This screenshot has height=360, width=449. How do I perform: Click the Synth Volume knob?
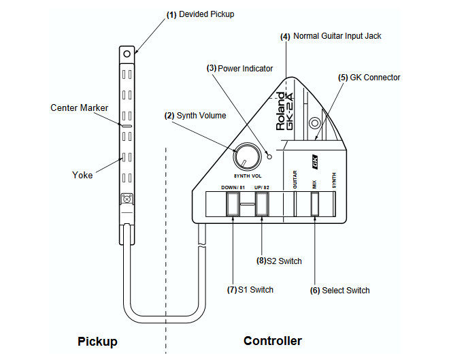246,157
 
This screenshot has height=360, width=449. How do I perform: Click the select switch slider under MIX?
315,204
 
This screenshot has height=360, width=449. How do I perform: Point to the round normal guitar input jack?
314,124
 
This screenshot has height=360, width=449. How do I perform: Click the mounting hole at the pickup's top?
127,53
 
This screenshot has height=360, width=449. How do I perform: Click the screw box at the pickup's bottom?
127,199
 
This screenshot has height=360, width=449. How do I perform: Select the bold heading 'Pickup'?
97,341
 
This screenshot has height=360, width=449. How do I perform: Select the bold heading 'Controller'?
272,341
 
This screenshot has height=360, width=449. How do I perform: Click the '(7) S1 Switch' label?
250,289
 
